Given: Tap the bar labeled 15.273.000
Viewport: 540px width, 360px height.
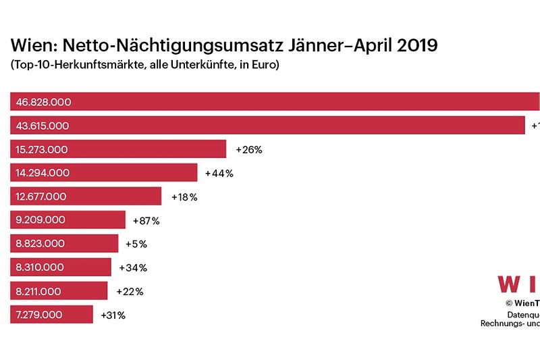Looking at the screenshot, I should click(118, 149).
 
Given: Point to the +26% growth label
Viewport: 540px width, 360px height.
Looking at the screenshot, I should click(248, 149).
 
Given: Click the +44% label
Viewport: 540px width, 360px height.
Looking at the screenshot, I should click(219, 173).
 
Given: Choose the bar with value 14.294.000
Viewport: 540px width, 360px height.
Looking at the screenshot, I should click(104, 173).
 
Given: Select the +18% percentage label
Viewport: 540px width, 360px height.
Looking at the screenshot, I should click(184, 197).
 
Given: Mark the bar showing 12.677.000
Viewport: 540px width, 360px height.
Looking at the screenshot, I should click(86, 197).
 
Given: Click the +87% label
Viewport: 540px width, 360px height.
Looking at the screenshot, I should click(146, 220).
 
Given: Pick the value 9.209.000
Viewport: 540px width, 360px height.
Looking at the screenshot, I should click(40, 220).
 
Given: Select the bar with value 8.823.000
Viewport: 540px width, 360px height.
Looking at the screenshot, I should click(64, 244).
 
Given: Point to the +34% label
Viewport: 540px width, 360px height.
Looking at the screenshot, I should click(133, 267).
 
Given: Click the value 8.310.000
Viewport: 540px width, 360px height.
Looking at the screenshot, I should click(40, 267).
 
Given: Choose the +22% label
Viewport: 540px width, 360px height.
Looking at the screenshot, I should click(129, 291).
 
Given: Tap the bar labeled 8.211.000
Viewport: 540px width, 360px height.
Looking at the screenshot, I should click(59, 291).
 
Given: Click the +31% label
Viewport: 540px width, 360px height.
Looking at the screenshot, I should click(113, 315).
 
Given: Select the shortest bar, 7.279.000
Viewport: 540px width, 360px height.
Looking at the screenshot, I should click(51, 315).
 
